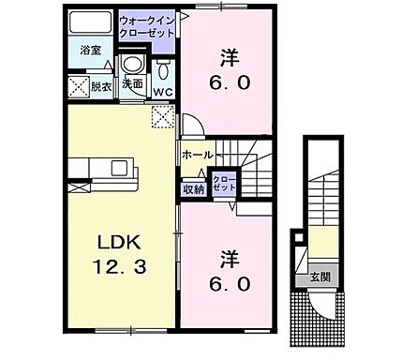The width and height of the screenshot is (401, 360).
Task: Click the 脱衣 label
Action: (x=99, y=87)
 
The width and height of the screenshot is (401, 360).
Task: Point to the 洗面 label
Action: (x=132, y=84)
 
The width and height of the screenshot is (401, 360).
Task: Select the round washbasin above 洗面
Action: (x=133, y=65)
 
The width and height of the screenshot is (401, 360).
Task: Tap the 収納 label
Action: (x=194, y=188)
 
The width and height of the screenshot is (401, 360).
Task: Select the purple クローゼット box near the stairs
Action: (x=224, y=183)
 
